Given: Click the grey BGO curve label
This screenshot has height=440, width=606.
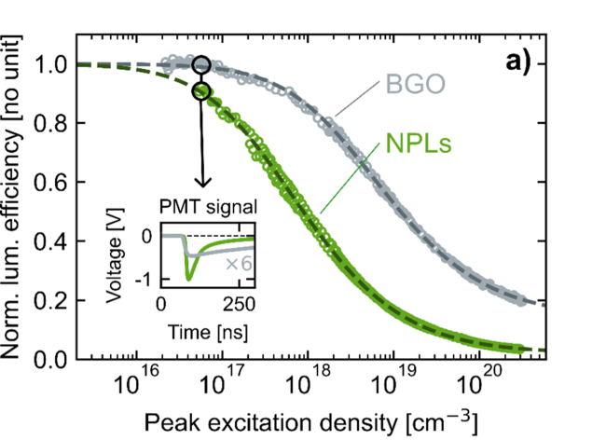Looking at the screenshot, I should tap(413, 85).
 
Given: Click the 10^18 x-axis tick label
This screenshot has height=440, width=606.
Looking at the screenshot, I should tap(310, 383).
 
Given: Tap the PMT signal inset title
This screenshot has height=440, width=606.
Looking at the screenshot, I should tap(207, 205).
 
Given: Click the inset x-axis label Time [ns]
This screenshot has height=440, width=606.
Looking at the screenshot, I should tap(207, 330).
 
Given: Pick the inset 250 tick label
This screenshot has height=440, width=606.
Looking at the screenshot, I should tap(239, 306).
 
